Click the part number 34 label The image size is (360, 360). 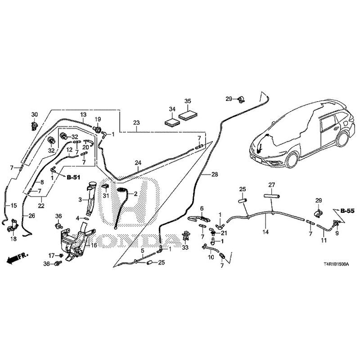[171, 109]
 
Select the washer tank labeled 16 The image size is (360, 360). [72, 243]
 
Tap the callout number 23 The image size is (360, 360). [137, 122]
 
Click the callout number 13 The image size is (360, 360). [83, 115]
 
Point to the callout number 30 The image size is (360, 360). [35, 114]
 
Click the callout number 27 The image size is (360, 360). [271, 185]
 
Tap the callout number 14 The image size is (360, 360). [265, 232]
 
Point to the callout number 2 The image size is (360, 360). [135, 193]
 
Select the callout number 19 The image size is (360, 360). [98, 119]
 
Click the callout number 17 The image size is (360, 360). [51, 256]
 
